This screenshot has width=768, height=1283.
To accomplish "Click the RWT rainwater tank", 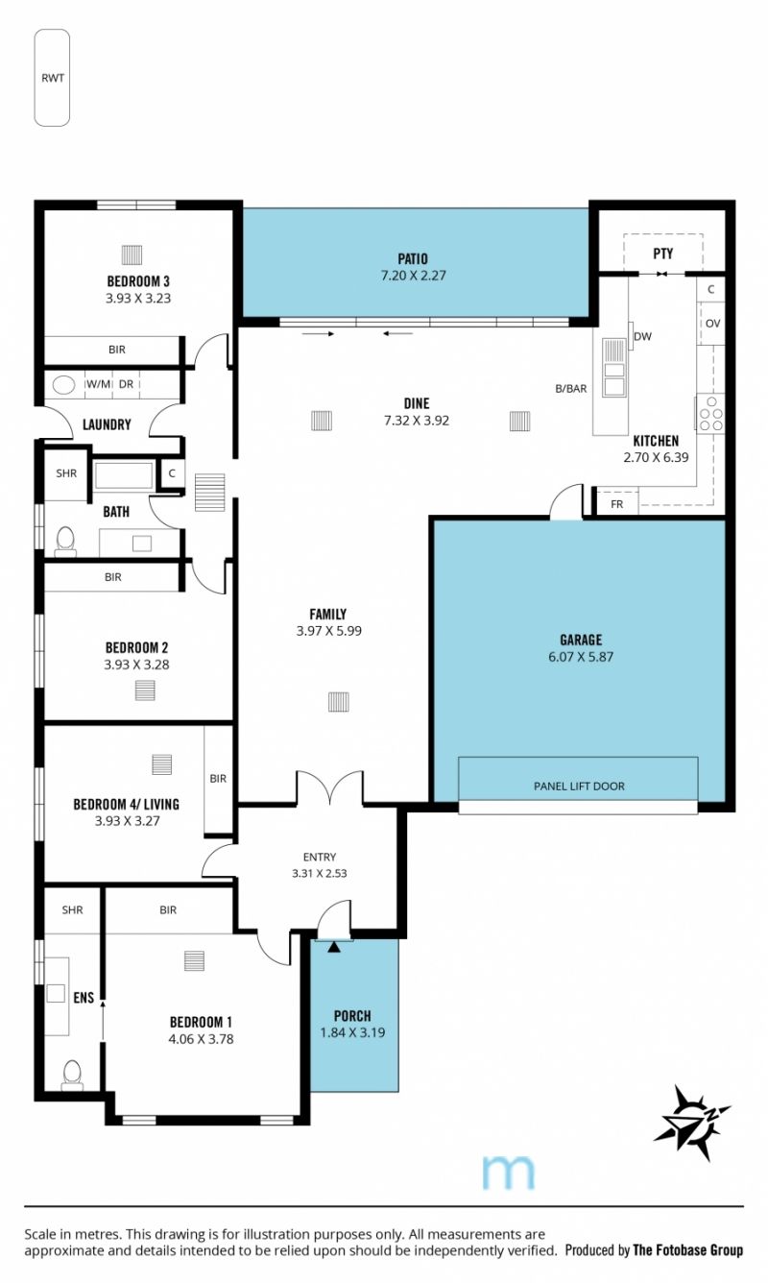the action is [x=52, y=78].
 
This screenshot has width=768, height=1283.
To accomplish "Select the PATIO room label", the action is [x=413, y=259].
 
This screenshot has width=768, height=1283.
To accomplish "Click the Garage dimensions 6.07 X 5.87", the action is [x=581, y=657].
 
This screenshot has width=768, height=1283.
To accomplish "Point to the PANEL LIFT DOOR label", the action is [x=579, y=787].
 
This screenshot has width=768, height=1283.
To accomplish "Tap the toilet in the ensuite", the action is [x=72, y=1075].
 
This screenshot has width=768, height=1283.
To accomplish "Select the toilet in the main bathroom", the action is [x=65, y=542].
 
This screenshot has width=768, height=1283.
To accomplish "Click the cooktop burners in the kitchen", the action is [x=710, y=413].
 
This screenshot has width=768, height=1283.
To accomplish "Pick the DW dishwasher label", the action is [x=642, y=337].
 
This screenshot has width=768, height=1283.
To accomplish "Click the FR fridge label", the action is [x=617, y=504].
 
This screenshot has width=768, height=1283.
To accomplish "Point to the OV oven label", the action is [x=712, y=324].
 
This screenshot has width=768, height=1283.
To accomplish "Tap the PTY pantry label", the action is [x=662, y=254].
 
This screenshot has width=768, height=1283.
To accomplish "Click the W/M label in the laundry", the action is [x=98, y=384].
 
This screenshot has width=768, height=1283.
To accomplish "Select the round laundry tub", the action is [x=63, y=384].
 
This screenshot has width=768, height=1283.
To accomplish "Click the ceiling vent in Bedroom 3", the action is [x=132, y=254].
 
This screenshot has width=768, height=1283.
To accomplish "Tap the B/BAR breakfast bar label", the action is [x=571, y=388].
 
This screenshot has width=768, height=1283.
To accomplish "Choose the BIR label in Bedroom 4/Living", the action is [x=218, y=779].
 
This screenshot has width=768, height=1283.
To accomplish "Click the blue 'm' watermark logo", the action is [x=509, y=1172].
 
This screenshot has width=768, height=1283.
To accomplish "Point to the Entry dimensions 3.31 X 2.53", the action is [x=320, y=874].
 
